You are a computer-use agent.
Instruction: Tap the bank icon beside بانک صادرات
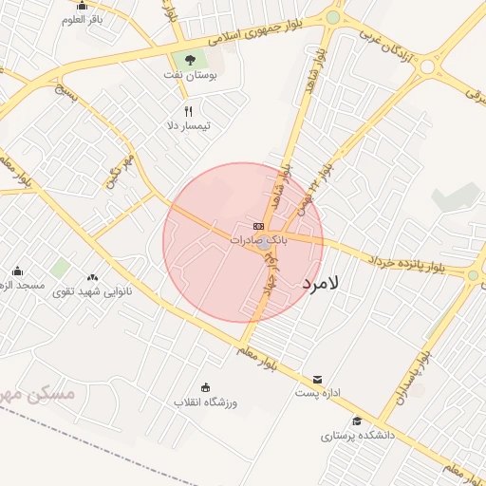pyautogui.click(x=258, y=226)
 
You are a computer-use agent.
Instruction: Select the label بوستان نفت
pyautogui.click(x=198, y=73)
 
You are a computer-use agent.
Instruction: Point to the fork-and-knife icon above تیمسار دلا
pyautogui.click(x=188, y=111)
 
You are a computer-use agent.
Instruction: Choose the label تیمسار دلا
pyautogui.click(x=188, y=125)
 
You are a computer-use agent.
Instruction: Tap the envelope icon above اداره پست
pyautogui.click(x=317, y=379)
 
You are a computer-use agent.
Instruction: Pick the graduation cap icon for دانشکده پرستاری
pyautogui.click(x=357, y=421)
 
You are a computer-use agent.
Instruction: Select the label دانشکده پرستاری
pyautogui.click(x=357, y=436)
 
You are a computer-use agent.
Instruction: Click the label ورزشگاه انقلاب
pyautogui.click(x=205, y=402)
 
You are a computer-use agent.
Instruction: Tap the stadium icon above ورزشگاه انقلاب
pyautogui.click(x=206, y=386)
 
